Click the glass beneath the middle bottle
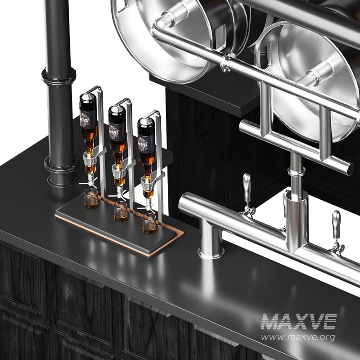[x=121, y=211]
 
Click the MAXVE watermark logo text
[x=299, y=321]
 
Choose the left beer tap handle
[x=247, y=187]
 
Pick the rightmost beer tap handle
[x=336, y=225]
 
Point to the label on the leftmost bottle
[x=88, y=119]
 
